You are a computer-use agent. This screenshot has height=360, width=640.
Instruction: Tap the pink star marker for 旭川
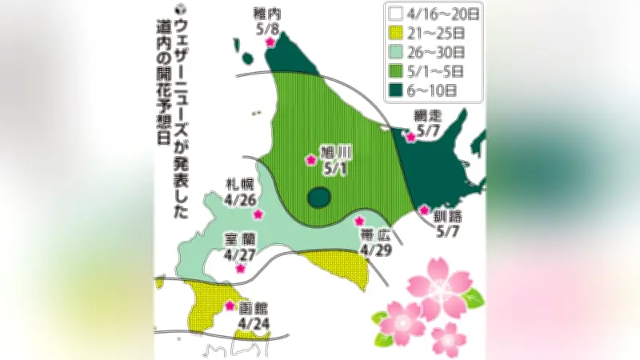pyautogui.click(x=310, y=160)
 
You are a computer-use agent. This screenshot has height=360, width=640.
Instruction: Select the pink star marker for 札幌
pyautogui.click(x=258, y=214)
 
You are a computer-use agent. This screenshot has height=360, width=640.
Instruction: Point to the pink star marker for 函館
pyautogui.click(x=230, y=305)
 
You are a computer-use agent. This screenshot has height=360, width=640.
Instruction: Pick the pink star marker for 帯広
pyautogui.click(x=359, y=221)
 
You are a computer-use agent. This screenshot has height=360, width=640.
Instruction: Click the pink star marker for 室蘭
pyautogui.click(x=239, y=269)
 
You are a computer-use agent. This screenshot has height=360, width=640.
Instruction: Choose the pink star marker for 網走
pyautogui.click(x=411, y=137)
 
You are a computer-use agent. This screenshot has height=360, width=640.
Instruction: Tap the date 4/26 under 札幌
pyautogui.click(x=236, y=198)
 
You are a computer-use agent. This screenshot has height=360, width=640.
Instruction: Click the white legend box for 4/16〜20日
pyautogui.click(x=394, y=14)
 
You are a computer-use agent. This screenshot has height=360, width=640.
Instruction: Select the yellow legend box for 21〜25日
pyautogui.click(x=394, y=33)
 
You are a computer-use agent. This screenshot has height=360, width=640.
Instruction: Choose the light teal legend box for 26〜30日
pyautogui.click(x=394, y=52)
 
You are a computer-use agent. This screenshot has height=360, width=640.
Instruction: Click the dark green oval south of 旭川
pyautogui.click(x=320, y=197)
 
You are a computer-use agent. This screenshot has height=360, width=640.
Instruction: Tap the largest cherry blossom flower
pyautogui.click(x=439, y=286)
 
